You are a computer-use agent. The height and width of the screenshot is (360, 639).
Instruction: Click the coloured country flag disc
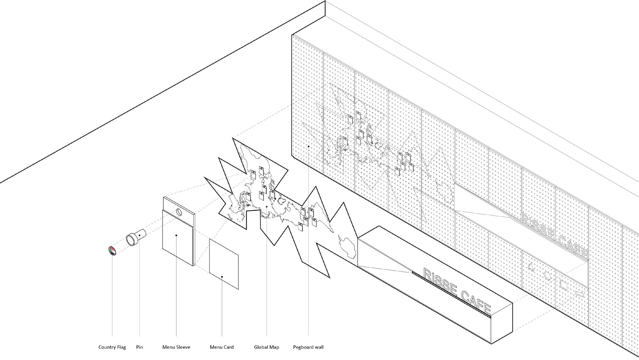[x=112, y=250]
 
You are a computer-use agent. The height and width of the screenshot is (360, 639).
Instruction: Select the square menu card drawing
[x=224, y=264]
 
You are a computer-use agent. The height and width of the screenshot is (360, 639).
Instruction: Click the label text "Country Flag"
[x=112, y=347]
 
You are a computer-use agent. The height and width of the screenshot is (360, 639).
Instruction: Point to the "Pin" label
[x=139, y=347]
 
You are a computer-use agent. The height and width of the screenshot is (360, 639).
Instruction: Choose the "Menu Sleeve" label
[x=176, y=347]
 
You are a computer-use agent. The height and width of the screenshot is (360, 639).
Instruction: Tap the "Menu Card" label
[x=222, y=347]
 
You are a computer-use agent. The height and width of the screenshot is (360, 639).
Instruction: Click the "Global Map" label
[x=267, y=347]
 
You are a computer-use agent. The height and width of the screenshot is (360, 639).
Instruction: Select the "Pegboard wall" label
[x=308, y=347]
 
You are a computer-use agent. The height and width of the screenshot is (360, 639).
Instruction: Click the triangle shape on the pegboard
[x=531, y=266]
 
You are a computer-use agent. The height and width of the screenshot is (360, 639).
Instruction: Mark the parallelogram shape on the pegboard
[x=580, y=294]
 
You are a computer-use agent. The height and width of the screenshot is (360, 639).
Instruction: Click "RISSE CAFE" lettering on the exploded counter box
[x=457, y=291]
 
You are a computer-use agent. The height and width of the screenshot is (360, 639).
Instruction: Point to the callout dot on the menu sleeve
[x=176, y=235]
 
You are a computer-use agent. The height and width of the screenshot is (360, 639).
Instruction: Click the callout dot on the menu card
[x=222, y=277]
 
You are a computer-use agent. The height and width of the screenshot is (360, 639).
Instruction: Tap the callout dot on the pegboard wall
[x=308, y=146]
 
